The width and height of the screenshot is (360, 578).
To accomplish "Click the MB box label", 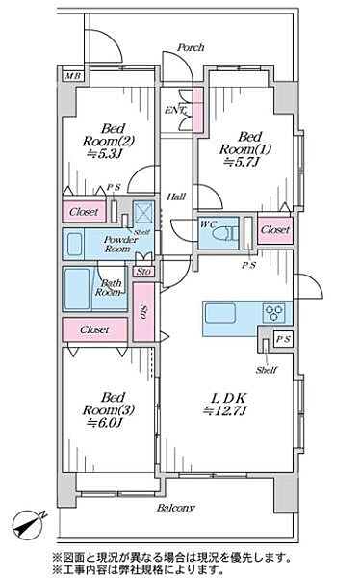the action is tap(73, 76).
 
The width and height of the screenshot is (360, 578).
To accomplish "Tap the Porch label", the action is tap(191, 47).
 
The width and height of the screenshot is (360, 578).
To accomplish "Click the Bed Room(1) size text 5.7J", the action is tap(242, 162).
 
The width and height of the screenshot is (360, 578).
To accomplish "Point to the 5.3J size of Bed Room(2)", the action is tap(104, 154).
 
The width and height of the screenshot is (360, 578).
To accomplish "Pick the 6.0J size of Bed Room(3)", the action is tap(104, 423).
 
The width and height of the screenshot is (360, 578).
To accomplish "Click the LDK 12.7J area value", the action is tap(225, 410).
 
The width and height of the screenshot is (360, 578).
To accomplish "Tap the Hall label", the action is tap(176, 197).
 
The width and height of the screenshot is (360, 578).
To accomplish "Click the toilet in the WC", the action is tap(225, 234).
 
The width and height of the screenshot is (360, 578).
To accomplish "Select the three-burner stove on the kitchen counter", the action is tap(273, 312).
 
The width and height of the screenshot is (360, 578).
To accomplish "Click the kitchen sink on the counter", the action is tap(220, 313).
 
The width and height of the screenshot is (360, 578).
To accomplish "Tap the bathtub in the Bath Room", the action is tap(77, 289).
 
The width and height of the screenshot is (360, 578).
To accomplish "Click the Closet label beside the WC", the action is tap(275, 229).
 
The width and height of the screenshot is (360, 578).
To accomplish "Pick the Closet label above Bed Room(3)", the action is tap(94, 329).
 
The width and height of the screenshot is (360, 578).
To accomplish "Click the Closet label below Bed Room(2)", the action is tap(84, 212).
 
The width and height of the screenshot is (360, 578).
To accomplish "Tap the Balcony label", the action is tap(176, 508).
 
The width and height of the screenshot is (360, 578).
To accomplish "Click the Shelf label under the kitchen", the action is tap(266, 370).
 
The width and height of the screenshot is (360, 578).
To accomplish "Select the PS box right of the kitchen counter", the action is tap(283, 339).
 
